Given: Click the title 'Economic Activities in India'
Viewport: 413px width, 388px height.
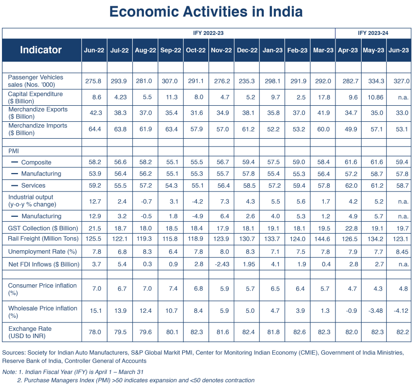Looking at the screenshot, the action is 206,12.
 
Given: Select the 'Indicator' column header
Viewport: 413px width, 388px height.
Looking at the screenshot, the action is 41,50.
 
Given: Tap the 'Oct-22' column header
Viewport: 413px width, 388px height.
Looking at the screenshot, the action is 196,50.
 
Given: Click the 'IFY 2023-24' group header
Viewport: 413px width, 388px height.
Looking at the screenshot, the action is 373,33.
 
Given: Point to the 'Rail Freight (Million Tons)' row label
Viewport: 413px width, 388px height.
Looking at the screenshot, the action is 43,239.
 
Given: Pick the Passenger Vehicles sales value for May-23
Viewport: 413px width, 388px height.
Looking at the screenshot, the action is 376,81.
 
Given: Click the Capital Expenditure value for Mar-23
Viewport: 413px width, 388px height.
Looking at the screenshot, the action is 324,97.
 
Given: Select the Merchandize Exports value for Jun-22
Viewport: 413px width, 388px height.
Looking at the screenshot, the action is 96,113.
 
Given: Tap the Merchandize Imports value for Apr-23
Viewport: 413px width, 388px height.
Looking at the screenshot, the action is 351,129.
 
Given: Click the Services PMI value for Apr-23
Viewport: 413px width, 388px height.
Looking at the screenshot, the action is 351,186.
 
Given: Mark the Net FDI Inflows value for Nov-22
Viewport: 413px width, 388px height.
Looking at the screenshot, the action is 222,264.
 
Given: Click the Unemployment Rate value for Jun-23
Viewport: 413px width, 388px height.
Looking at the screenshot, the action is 402,252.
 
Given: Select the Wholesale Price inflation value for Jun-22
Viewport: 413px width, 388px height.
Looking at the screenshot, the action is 96,311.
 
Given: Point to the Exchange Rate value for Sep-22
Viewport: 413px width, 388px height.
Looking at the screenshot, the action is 172,332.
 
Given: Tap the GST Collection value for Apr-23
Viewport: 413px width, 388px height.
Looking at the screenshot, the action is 351,228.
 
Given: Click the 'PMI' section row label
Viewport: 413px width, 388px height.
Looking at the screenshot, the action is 14,151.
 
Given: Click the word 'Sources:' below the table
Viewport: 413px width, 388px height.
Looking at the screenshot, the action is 14,353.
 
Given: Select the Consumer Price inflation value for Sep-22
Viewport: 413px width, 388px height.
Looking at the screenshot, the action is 174,289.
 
